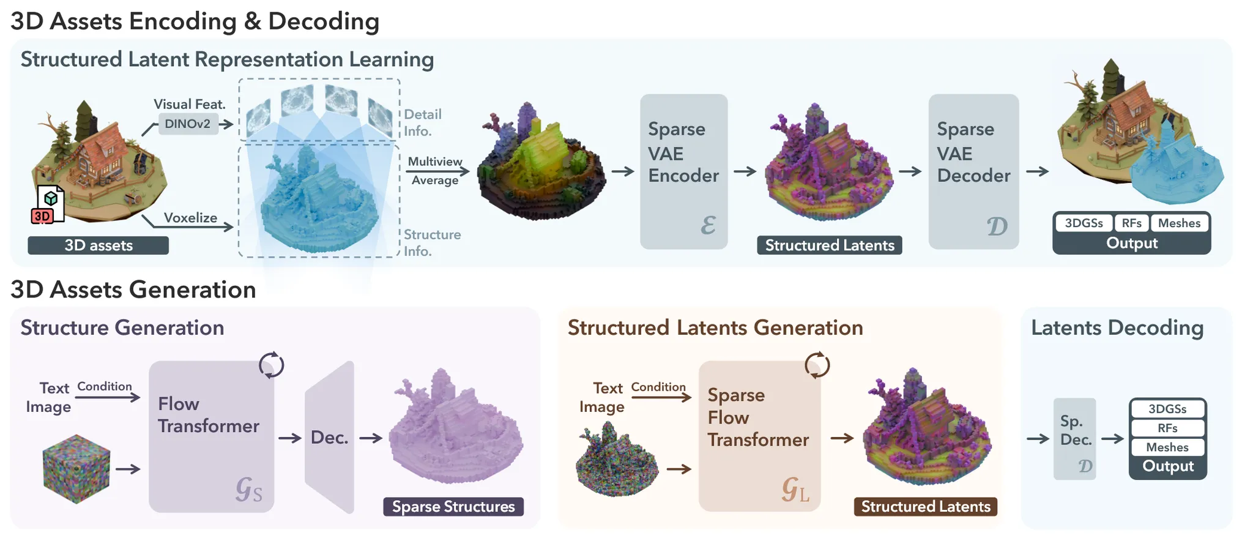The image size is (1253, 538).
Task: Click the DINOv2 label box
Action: coord(188,124)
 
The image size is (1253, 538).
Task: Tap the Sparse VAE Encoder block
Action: coord(683,171)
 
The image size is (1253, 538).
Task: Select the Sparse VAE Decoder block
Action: coord(973,171)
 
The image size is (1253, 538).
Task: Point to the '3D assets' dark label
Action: coord(98,245)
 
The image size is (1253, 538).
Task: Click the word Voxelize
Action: coord(190,218)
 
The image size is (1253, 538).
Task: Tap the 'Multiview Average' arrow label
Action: coord(435,171)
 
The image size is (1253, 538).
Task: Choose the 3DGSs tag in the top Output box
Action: coord(1084,223)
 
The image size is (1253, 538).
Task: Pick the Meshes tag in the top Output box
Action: coord(1179,223)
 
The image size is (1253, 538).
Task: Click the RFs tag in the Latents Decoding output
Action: coord(1167,428)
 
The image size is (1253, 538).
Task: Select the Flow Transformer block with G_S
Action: coord(211,436)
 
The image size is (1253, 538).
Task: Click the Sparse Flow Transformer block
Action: coord(759,436)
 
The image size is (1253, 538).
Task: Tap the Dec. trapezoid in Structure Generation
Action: coord(330,438)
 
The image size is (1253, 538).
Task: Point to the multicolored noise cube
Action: coord(76,469)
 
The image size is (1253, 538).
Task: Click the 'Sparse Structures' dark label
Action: coord(453,507)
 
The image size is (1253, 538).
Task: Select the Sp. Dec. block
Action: coord(1075,438)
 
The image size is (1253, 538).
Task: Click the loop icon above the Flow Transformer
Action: coord(271,365)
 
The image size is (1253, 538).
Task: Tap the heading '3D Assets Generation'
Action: coord(133,290)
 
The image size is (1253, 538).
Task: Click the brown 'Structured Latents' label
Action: coord(925,507)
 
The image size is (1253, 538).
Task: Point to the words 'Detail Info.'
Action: coord(423,122)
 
